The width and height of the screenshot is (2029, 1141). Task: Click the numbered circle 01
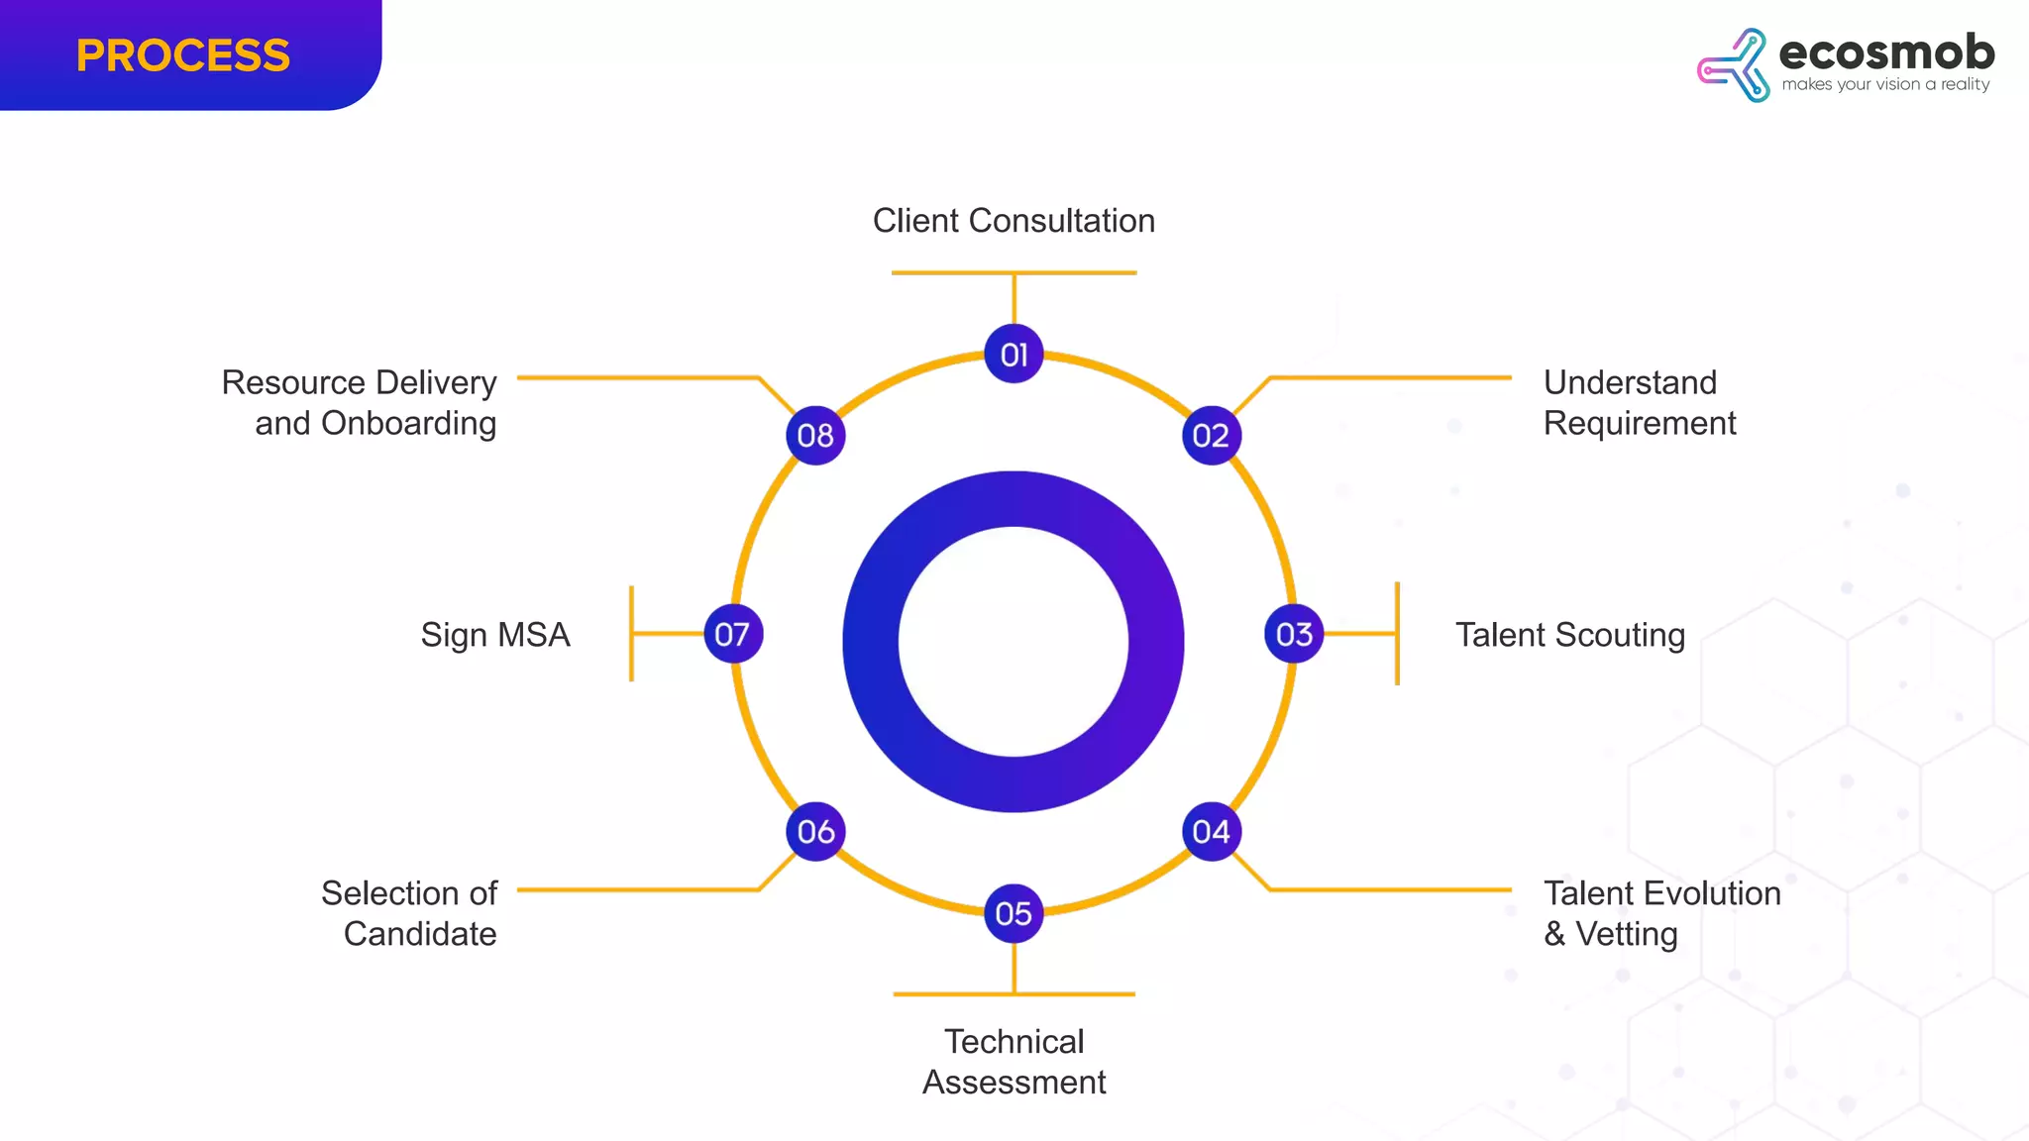click(1014, 354)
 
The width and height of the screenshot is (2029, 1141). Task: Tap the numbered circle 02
click(1211, 435)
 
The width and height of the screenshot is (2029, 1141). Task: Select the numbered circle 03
click(1294, 634)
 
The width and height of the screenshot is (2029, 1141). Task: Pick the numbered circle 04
click(1211, 831)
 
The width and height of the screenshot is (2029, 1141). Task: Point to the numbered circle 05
click(1014, 913)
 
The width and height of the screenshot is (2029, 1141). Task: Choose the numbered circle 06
click(815, 831)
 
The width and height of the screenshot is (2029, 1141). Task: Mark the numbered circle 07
click(732, 634)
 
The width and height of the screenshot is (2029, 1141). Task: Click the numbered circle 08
click(815, 435)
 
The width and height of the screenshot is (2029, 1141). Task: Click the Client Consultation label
click(1014, 221)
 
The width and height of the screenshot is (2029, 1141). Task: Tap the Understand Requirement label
click(1639, 402)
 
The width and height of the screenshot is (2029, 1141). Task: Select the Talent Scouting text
click(1569, 635)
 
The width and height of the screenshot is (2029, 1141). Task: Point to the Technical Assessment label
click(1014, 1062)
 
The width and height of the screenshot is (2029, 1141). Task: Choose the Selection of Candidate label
click(409, 913)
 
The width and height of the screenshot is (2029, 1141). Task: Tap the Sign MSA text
click(495, 635)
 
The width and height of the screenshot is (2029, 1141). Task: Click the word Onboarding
click(408, 424)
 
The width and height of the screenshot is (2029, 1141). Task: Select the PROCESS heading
click(183, 55)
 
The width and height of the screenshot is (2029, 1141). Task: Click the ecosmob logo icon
click(1735, 65)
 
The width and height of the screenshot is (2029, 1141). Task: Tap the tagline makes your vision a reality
click(1885, 85)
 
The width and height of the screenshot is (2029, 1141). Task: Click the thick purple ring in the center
click(870, 642)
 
